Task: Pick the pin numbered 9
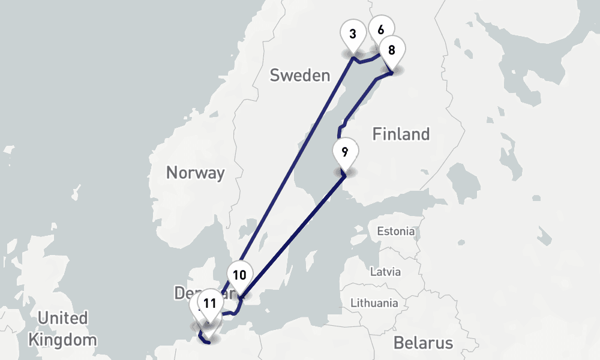[x=344, y=152]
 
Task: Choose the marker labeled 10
[x=239, y=275]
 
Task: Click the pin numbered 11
[x=209, y=304]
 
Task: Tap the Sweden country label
[x=300, y=76]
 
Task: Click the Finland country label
[x=401, y=134]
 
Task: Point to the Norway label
[x=195, y=173]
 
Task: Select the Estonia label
[x=395, y=231]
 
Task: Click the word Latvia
[x=385, y=271]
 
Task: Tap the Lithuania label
[x=374, y=302]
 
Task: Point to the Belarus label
[x=423, y=343]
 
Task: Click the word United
[x=62, y=317]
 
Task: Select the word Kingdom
[x=62, y=340]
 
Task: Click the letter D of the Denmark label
[x=180, y=293]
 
